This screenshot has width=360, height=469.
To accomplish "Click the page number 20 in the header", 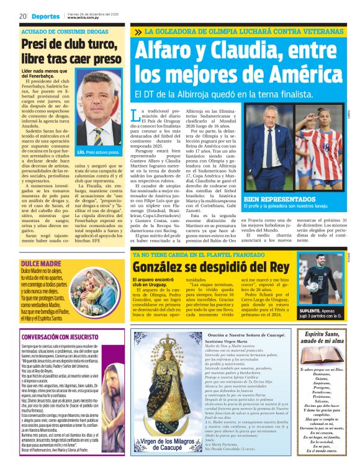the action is pyautogui.click(x=22, y=16).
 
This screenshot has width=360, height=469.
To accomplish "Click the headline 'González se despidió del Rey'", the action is pyautogui.click(x=210, y=267).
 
